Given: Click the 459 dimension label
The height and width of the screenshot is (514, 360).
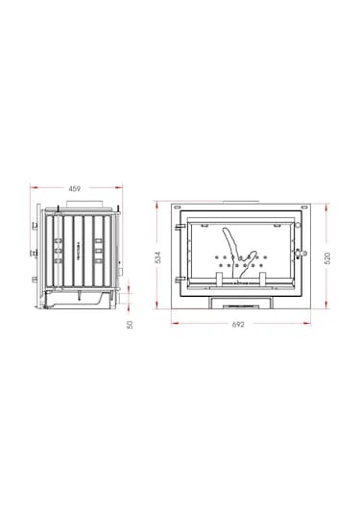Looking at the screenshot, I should click(74, 187).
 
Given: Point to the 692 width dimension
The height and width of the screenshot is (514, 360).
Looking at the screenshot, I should click(239, 324).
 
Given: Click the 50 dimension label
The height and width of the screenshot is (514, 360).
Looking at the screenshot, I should click(131, 324).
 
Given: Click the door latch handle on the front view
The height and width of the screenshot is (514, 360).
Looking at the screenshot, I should click(300, 252).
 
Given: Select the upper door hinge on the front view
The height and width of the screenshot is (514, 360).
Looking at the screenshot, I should click(179, 228).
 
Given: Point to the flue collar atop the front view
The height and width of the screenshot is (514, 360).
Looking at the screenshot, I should click(239, 203).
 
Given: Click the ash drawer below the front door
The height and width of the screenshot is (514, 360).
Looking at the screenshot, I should click(239, 302).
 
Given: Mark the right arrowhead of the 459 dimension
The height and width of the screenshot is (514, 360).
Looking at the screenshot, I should click(118, 187).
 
